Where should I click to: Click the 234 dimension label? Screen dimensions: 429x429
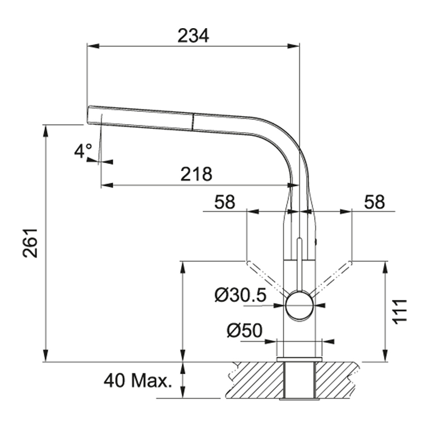click(193, 36)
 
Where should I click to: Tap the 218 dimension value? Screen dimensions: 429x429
click(196, 174)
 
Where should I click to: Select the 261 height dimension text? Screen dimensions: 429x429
click(30, 243)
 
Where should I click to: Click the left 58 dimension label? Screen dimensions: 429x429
click(225, 202)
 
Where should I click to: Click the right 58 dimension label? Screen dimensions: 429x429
click(374, 202)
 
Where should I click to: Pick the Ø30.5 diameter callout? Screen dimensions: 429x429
click(240, 295)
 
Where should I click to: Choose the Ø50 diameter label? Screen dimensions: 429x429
click(244, 331)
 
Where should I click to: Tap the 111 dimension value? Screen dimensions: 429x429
click(400, 311)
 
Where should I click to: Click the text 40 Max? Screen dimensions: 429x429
click(138, 380)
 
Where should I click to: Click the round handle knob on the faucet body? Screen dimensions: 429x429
click(299, 305)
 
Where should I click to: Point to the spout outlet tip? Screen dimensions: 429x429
click(88, 115)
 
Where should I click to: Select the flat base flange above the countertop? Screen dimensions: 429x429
click(299, 359)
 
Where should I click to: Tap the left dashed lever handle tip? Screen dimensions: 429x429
click(248, 263)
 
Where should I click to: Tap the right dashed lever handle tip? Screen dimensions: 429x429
click(350, 263)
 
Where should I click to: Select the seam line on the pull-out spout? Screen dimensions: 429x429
click(193, 122)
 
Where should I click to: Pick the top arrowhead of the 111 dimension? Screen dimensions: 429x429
click(385, 267)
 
